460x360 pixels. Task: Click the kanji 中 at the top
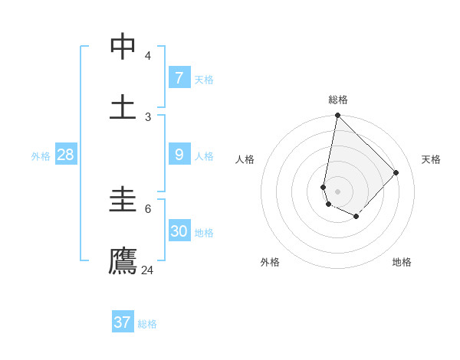pos(123,47)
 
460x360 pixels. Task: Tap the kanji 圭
pos(123,201)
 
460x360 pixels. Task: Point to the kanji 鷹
pos(123,260)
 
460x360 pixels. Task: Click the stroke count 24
pos(147,270)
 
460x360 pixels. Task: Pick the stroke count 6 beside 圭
pos(147,208)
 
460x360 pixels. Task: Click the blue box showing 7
pos(179,77)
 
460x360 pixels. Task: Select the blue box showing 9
pos(179,155)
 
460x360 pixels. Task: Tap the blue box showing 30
pos(179,231)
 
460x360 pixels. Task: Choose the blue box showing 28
pos(65,155)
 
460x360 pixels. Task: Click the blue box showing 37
pos(122,322)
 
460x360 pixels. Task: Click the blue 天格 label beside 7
pos(204,80)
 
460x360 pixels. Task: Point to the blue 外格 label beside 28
pos(41,156)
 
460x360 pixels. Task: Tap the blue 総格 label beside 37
pos(147,324)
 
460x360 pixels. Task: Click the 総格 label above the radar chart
pos(338,100)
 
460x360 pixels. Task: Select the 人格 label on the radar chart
pos(245,159)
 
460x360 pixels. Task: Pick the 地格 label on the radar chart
pos(402,262)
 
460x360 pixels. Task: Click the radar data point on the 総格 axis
pos(337,116)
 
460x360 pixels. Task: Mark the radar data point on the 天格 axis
pos(396,172)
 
